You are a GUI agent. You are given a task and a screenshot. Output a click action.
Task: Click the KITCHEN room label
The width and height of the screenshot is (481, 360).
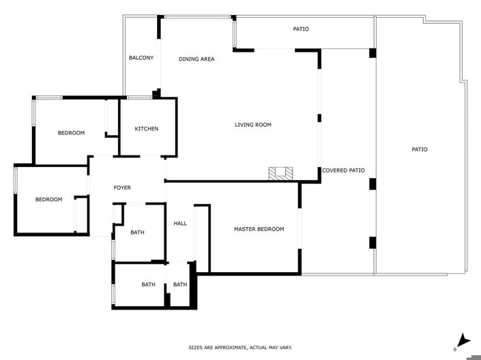(x=147, y=129)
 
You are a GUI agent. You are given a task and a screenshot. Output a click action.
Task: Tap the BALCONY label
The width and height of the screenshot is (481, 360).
(x=141, y=58)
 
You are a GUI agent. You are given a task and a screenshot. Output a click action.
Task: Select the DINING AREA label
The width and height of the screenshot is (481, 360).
(x=196, y=59)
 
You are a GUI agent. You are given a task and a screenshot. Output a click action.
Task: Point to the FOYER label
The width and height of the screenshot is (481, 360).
(x=122, y=187)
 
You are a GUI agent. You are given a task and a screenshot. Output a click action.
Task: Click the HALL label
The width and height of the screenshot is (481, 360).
(x=180, y=223)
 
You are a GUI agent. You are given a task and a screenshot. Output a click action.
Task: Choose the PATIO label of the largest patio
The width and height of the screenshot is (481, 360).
(x=420, y=149)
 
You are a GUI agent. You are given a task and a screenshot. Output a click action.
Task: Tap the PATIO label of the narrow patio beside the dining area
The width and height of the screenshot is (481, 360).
(x=301, y=29)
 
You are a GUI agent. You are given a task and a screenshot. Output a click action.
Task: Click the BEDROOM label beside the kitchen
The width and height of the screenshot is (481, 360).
(x=71, y=133)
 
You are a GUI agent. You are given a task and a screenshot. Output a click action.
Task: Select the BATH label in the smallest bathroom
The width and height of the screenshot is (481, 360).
(x=180, y=284)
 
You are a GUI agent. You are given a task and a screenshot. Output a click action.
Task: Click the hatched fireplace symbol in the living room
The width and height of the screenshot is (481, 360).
(x=280, y=173)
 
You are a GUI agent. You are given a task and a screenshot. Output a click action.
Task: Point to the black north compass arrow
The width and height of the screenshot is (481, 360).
(x=464, y=339)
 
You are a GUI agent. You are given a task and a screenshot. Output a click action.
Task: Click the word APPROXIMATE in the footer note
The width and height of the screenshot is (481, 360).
(x=230, y=348)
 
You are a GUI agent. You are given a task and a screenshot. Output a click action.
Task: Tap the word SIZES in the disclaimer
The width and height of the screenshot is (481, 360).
(x=196, y=348)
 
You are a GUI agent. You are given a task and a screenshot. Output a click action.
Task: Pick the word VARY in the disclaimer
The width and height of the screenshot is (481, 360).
(x=285, y=348)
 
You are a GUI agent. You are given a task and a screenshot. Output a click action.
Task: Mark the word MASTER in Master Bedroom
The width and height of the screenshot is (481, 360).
(x=246, y=229)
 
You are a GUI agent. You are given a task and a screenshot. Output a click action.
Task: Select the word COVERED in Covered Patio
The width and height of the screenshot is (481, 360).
(x=335, y=170)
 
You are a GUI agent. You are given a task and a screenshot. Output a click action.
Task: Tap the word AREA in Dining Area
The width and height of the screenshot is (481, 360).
(x=207, y=59)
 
